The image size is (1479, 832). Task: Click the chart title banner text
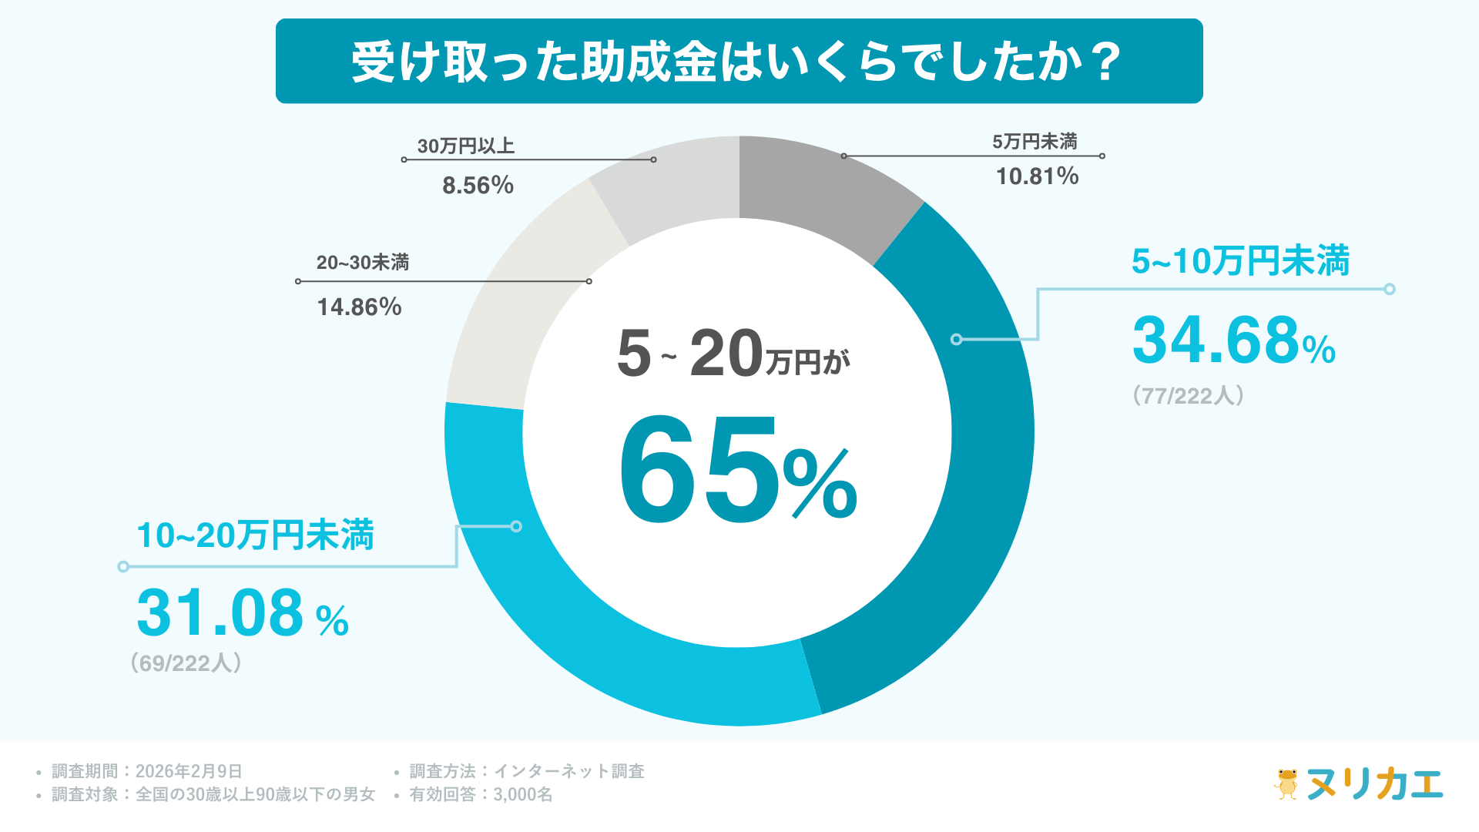tap(738, 62)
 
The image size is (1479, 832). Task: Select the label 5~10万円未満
tap(1240, 261)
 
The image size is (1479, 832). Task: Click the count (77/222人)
tap(1188, 396)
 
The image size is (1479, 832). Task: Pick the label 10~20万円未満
tap(255, 535)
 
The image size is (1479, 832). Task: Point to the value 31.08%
tap(242, 614)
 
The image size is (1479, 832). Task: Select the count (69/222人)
tap(186, 663)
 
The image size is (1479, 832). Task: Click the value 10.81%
tap(1037, 176)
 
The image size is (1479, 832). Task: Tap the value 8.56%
tap(478, 186)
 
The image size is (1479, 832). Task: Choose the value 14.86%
tap(359, 307)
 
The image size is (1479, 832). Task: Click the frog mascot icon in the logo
tap(1286, 783)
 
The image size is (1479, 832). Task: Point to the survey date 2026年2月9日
tap(189, 771)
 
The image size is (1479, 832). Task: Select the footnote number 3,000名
tap(523, 794)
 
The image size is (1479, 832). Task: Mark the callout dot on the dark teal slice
tap(956, 339)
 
